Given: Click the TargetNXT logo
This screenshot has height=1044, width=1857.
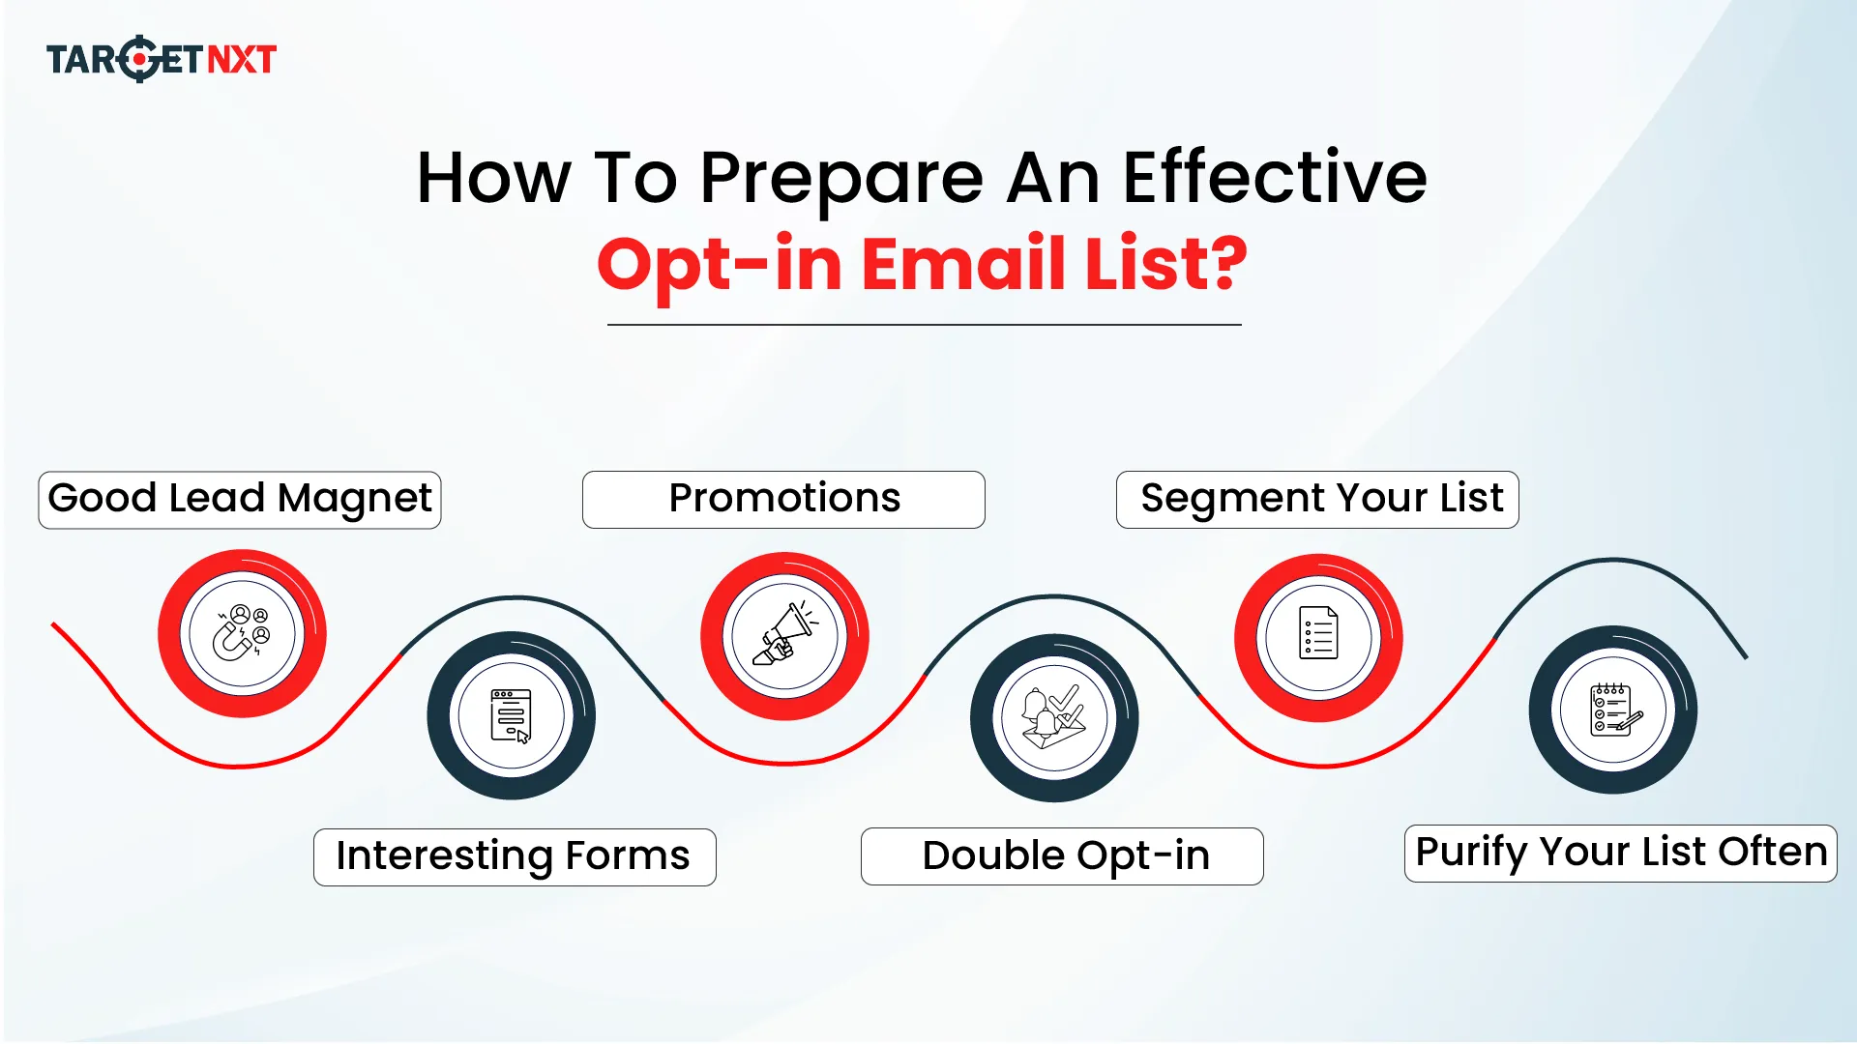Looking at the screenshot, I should [x=162, y=59].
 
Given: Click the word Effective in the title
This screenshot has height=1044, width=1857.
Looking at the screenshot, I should [x=1274, y=178].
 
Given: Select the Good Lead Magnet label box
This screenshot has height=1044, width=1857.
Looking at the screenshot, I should [x=239, y=500].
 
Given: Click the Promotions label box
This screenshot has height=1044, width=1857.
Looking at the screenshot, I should [x=783, y=500].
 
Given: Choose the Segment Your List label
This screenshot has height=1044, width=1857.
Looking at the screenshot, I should [x=1317, y=500].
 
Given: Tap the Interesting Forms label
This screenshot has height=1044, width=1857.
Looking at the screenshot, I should [x=515, y=857].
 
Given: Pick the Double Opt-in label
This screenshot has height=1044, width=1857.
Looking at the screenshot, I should [x=1062, y=856].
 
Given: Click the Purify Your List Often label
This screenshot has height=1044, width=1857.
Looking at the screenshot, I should [x=1620, y=854].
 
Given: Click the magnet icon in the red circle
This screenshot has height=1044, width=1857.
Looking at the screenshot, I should [x=242, y=634].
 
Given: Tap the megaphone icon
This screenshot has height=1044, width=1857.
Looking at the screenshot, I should [x=784, y=636].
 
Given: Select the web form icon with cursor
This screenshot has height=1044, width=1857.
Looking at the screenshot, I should [x=511, y=715].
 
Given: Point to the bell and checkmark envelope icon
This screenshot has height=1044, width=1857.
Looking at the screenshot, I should [x=1054, y=718].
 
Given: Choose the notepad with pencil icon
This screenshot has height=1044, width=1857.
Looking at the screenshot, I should [x=1613, y=710].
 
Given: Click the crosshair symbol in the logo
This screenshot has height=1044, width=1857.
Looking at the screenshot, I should [x=141, y=59].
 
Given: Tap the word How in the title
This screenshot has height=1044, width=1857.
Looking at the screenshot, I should [x=493, y=179].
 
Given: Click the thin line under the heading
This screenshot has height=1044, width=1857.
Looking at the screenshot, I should [x=924, y=325].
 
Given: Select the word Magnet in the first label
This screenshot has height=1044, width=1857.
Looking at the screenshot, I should [x=354, y=500].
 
